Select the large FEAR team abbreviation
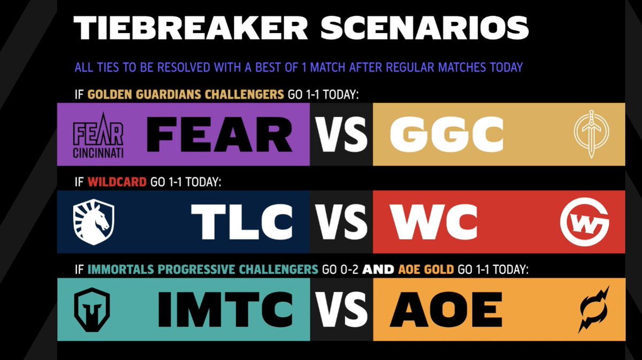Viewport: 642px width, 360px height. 220,134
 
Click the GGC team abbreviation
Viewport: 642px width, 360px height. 447,134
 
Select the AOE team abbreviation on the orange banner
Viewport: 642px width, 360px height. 446,309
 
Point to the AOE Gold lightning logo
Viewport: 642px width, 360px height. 594,309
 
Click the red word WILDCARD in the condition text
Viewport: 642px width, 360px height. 117,182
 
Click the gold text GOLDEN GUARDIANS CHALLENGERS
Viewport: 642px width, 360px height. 185,95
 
